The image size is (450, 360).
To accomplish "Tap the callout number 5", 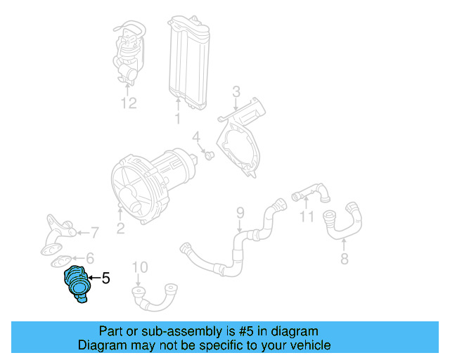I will (x=105, y=279).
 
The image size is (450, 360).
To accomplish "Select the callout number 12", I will (x=127, y=104).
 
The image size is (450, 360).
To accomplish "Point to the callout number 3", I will (x=236, y=91).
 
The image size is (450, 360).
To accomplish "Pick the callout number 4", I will (x=197, y=136).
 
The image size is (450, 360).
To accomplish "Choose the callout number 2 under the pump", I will (x=120, y=227).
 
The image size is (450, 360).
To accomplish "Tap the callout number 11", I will (x=306, y=216).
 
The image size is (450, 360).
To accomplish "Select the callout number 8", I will (x=343, y=258).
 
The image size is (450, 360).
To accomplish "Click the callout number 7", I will (x=94, y=231).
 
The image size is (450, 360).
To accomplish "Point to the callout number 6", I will (x=89, y=259).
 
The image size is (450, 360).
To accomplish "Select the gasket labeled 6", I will (x=62, y=262).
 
